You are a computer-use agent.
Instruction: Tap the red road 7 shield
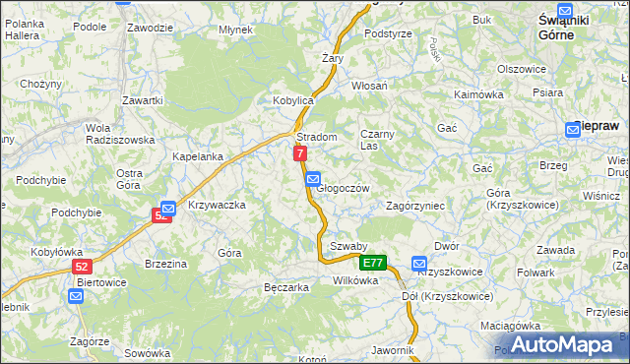click(300, 153)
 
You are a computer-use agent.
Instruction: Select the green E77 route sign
click(372, 263)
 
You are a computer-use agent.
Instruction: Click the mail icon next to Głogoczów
click(312, 179)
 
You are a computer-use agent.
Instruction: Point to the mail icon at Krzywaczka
click(167, 209)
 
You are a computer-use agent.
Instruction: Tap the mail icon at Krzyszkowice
click(420, 264)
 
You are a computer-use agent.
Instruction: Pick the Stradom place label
click(317, 137)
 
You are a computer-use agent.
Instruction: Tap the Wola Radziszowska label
click(119, 134)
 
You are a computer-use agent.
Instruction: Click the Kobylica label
click(292, 100)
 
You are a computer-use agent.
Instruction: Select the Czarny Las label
click(377, 139)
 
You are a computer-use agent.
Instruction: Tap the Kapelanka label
click(197, 156)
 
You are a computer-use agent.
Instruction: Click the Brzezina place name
click(165, 264)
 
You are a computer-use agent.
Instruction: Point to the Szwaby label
click(348, 246)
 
